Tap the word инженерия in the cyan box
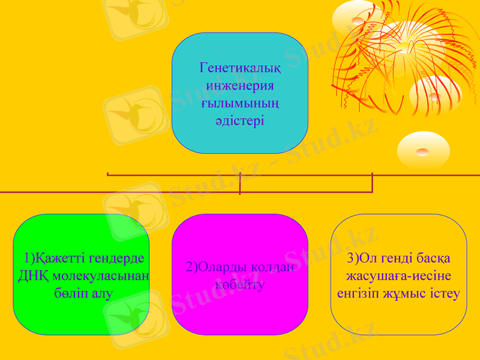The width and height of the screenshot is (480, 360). point(240,85)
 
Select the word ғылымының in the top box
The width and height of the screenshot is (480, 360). point(240,103)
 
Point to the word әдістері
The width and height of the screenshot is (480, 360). point(240,121)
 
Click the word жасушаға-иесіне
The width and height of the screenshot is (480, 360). point(399,276)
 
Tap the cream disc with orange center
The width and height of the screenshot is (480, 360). point(423,149)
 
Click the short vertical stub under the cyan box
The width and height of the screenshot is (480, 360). point(240,183)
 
